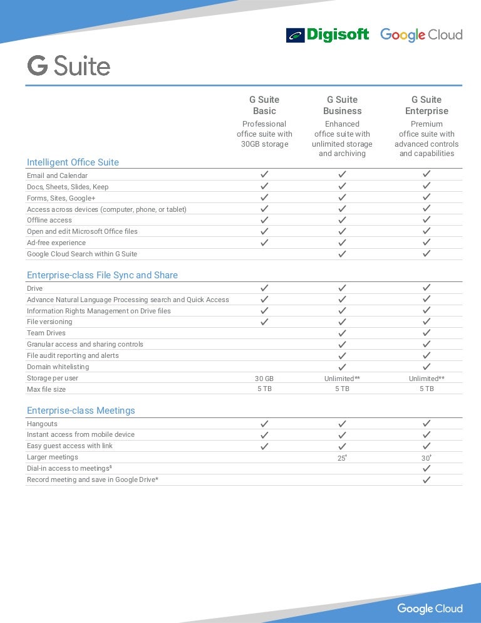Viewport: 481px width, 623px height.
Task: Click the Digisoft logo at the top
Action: pyautogui.click(x=328, y=35)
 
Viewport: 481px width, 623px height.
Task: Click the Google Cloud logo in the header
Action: pyautogui.click(x=421, y=35)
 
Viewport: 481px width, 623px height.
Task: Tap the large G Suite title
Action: pyautogui.click(x=69, y=66)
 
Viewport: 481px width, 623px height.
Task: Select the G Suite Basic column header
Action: pyautogui.click(x=264, y=105)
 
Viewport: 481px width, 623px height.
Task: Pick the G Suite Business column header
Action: pyautogui.click(x=342, y=105)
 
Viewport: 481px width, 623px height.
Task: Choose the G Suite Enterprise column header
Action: pyautogui.click(x=427, y=105)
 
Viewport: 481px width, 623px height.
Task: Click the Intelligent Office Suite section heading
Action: pyautogui.click(x=73, y=162)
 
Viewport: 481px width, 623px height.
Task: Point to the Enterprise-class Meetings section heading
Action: pyautogui.click(x=81, y=411)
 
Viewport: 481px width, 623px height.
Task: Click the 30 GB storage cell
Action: pyautogui.click(x=264, y=379)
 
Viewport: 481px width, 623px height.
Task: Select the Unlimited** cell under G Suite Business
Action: pyautogui.click(x=342, y=379)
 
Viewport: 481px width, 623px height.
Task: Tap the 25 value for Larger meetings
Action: pyautogui.click(x=342, y=458)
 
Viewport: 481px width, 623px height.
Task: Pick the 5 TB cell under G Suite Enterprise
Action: pyautogui.click(x=427, y=389)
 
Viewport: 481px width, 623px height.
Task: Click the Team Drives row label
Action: pyautogui.click(x=46, y=333)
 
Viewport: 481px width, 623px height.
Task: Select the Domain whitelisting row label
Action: pyautogui.click(x=58, y=367)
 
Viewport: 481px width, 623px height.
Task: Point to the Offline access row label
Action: pyautogui.click(x=49, y=221)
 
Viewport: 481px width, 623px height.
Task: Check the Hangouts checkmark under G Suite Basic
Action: pyautogui.click(x=264, y=424)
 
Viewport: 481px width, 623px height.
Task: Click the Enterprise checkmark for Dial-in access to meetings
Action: pyautogui.click(x=427, y=469)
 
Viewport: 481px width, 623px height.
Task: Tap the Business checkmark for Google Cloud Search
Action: pyautogui.click(x=342, y=254)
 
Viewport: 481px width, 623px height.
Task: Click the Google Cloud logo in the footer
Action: pyautogui.click(x=430, y=609)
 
